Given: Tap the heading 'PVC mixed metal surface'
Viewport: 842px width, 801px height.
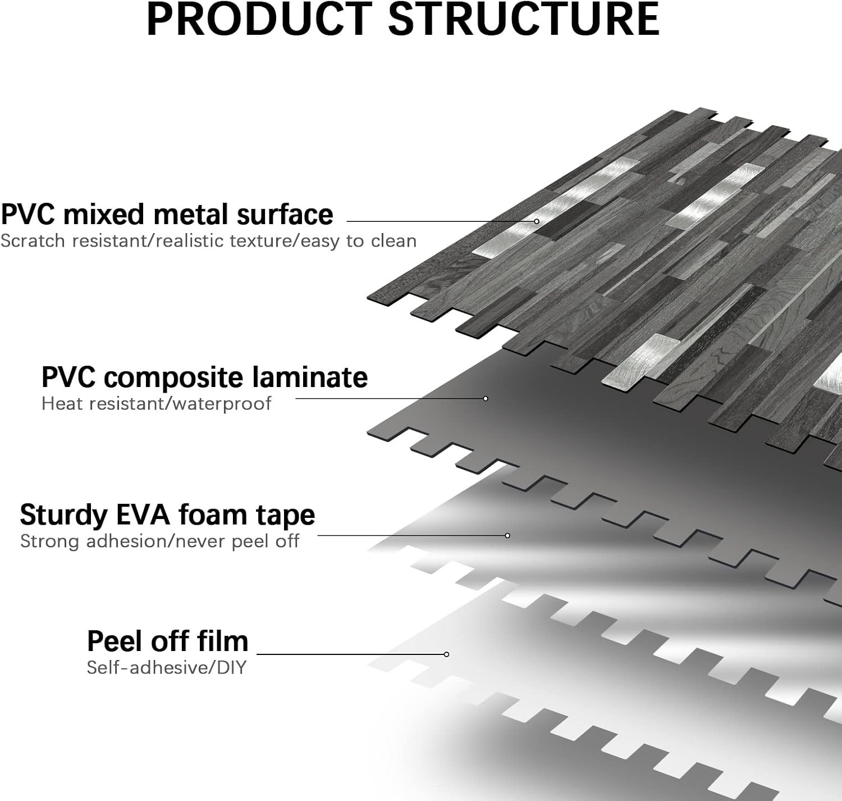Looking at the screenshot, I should [167, 215].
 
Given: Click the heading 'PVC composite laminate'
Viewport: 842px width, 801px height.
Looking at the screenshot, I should [205, 377].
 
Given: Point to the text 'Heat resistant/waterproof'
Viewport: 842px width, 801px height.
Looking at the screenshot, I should [157, 403].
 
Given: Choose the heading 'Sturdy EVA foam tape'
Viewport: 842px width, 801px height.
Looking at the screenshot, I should [167, 515].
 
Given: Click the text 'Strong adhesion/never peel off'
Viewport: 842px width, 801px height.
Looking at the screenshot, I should [160, 541].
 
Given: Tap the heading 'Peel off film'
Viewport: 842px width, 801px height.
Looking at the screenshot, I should [167, 641].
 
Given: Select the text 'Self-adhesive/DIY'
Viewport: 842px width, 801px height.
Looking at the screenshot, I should [167, 667].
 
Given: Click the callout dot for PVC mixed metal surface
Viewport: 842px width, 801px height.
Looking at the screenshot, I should [537, 221].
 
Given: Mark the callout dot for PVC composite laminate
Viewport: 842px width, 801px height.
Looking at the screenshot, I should [486, 398].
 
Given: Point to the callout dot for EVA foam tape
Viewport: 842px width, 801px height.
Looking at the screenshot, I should [507, 535].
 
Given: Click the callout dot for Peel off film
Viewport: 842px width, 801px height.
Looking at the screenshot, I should [446, 654].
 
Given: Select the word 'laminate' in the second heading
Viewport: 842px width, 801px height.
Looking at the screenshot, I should [310, 377].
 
